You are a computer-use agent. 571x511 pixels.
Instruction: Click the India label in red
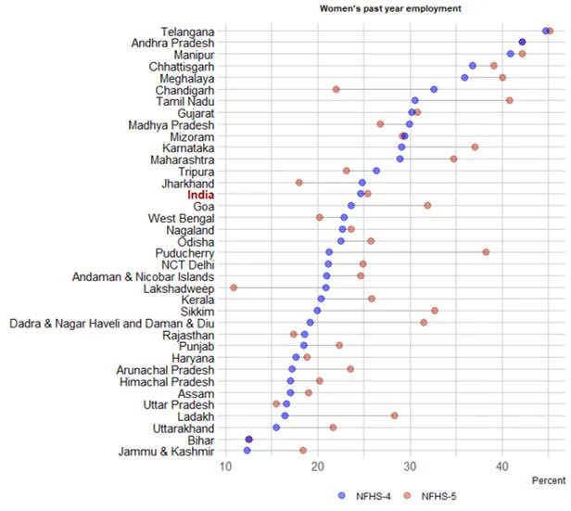[200, 194]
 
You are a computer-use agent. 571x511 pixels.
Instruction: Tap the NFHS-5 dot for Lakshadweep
[234, 287]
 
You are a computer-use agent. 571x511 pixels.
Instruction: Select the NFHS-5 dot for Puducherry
[486, 252]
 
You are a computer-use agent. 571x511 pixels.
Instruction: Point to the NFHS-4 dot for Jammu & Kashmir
[247, 451]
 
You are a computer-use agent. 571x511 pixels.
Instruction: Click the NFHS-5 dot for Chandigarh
[336, 90]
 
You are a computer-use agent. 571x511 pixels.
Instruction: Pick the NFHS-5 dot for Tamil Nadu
[510, 100]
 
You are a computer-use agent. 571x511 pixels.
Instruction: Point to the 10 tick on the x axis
[225, 466]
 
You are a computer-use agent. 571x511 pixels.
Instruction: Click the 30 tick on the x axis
[410, 466]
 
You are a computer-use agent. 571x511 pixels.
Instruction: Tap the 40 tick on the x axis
[501, 466]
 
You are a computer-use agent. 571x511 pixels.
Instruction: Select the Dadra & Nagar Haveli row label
[112, 323]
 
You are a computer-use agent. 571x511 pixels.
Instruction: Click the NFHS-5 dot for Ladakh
[394, 415]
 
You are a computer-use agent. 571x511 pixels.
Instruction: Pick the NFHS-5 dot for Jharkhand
[298, 183]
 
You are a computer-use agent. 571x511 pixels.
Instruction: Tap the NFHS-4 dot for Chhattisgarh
[472, 66]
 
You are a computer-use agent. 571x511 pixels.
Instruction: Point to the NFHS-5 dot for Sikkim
[434, 311]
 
